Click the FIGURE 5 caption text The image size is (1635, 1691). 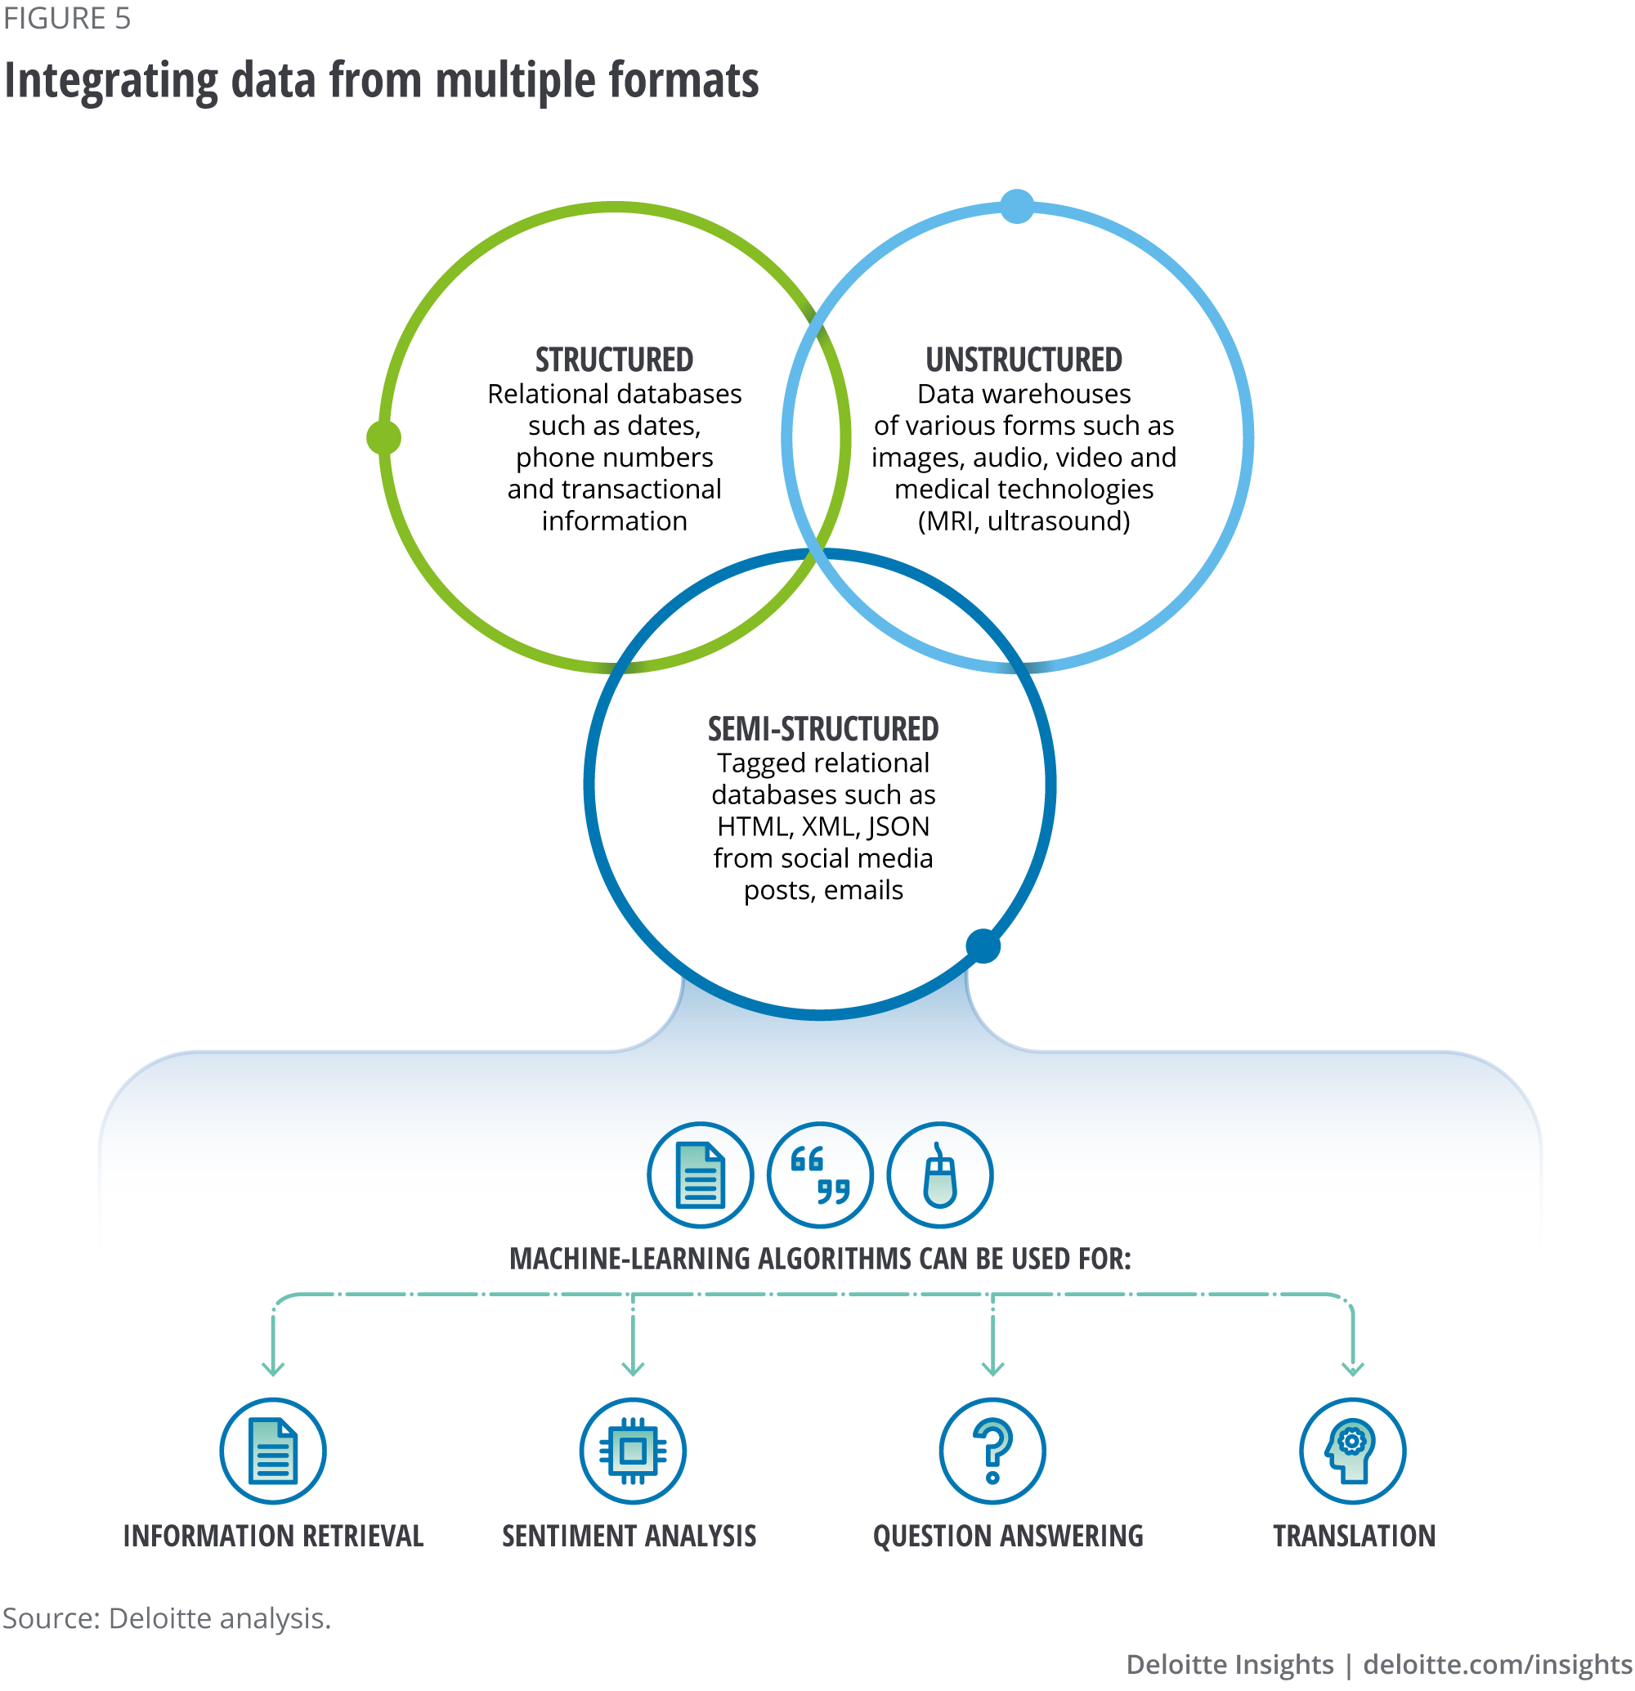click(x=66, y=18)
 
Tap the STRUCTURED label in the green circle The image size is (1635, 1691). click(x=613, y=360)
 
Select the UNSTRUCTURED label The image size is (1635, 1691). click(x=1024, y=360)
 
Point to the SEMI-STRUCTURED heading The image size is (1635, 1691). click(x=822, y=729)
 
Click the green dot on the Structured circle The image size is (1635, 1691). click(x=384, y=437)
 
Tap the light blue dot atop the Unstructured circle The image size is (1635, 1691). click(x=1017, y=206)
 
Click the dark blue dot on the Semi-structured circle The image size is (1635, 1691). click(x=983, y=946)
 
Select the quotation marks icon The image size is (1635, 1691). click(x=820, y=1174)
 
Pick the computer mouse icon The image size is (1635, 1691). click(x=939, y=1174)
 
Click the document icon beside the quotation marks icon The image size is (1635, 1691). click(x=700, y=1174)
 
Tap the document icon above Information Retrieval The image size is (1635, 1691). click(x=273, y=1452)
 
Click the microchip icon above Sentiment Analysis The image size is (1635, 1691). click(x=633, y=1452)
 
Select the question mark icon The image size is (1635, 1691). click(x=992, y=1452)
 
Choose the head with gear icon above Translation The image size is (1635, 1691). click(x=1352, y=1452)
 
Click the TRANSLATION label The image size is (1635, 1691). click(x=1353, y=1537)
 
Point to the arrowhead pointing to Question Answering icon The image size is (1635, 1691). click(x=992, y=1369)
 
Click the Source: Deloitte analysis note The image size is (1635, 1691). click(x=167, y=1618)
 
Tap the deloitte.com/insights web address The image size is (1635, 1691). click(x=1498, y=1664)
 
